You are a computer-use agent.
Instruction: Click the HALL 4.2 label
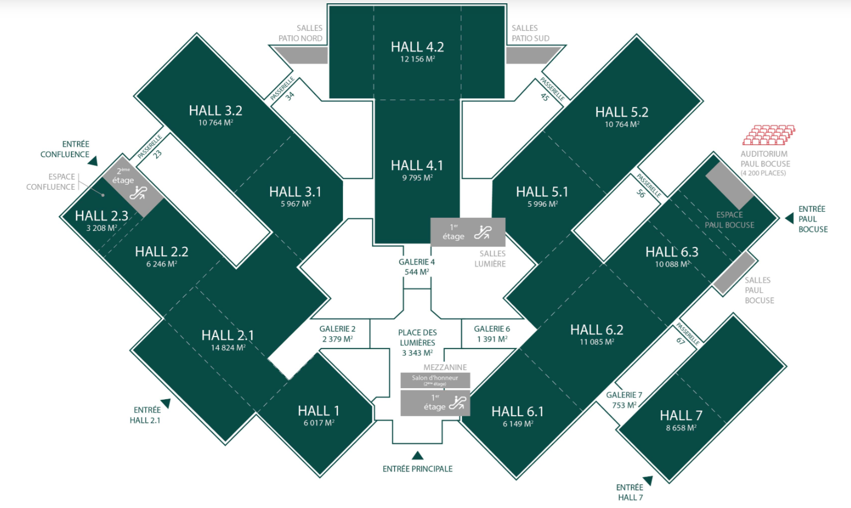click(417, 47)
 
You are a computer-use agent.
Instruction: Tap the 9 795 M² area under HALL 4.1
click(417, 178)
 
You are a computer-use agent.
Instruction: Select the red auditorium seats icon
click(768, 135)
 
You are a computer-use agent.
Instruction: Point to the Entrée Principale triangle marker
click(418, 455)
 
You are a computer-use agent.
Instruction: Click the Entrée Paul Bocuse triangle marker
click(790, 218)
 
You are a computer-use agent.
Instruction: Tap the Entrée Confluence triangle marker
click(93, 161)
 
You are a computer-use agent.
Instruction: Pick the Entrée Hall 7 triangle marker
click(648, 481)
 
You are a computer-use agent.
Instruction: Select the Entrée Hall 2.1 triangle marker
click(166, 404)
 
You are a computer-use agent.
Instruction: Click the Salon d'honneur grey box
click(435, 380)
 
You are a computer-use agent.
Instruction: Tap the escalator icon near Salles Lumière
click(483, 232)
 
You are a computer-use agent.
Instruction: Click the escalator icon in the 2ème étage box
click(138, 193)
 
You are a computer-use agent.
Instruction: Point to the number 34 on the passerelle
click(290, 96)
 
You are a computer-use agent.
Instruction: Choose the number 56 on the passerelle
click(641, 194)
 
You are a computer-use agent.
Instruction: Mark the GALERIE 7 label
click(624, 395)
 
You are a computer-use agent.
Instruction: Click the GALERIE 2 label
click(337, 329)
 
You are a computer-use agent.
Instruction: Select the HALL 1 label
click(318, 411)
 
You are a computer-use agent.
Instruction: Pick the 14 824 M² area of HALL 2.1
click(228, 347)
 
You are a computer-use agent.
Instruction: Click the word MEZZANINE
click(445, 367)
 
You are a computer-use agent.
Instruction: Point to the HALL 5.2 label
click(621, 112)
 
